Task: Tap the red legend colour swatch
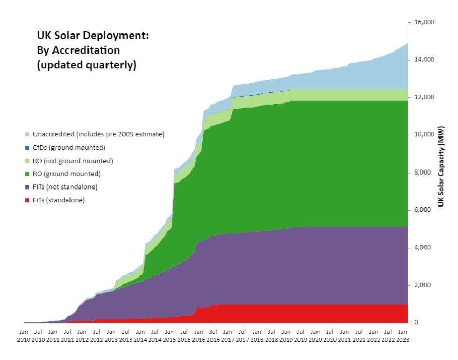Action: [27, 200]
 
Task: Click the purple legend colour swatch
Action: [27, 187]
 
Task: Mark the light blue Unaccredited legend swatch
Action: [27, 134]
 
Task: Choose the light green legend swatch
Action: [27, 161]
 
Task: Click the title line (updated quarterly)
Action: [86, 65]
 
